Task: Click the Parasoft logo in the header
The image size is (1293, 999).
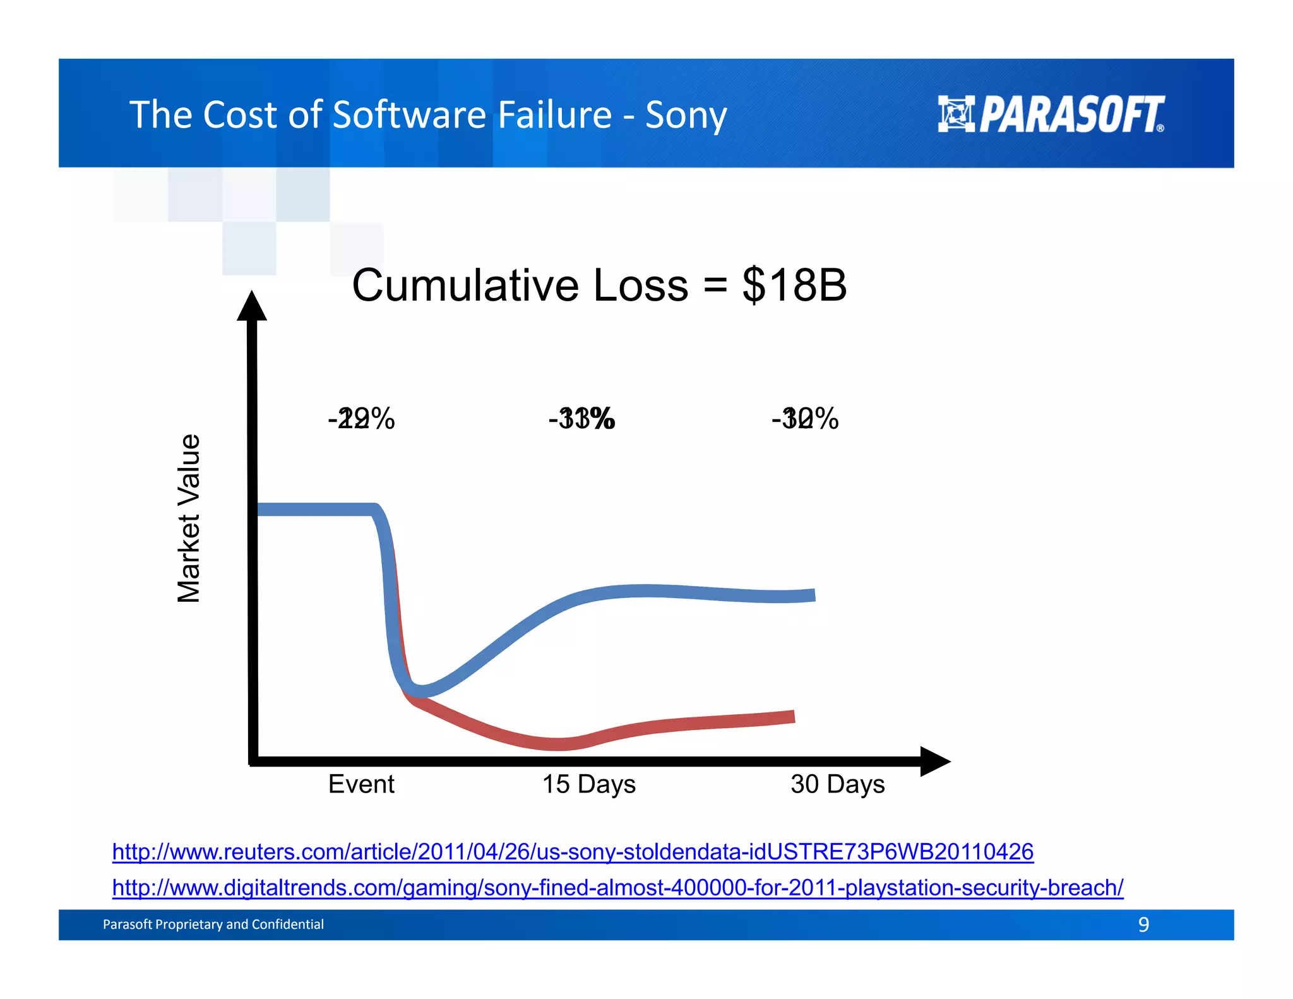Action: click(1051, 114)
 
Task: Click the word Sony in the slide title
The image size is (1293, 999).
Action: click(686, 115)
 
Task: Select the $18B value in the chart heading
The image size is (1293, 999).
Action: click(794, 285)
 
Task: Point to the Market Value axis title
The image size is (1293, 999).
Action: click(189, 518)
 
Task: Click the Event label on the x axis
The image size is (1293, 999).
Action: click(361, 784)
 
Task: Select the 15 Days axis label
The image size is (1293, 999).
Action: click(588, 784)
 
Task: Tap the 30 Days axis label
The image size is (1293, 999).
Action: click(837, 784)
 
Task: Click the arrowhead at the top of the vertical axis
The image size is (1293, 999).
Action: click(252, 306)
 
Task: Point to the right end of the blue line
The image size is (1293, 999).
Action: click(812, 595)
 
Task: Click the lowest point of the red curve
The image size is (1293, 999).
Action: click(559, 744)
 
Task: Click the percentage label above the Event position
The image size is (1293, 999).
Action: click(361, 419)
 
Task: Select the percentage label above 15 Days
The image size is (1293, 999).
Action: click(581, 419)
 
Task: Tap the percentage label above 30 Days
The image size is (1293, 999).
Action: click(805, 419)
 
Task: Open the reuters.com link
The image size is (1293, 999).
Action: click(573, 852)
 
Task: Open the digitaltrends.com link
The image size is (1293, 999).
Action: click(617, 888)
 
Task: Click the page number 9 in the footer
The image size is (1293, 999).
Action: click(1143, 924)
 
